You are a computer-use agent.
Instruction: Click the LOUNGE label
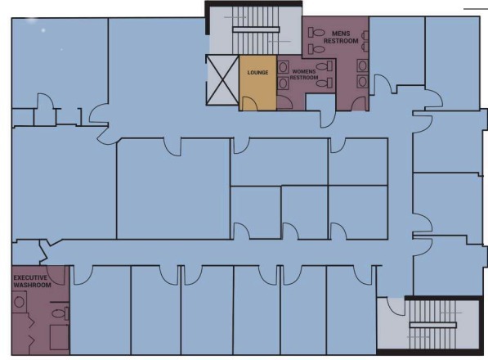tap(257, 72)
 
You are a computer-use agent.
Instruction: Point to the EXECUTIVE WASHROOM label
tap(31, 281)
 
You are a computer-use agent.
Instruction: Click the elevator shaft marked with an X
tap(222, 81)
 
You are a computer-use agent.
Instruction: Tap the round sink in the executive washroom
tap(19, 301)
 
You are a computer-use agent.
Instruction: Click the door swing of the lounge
tap(248, 103)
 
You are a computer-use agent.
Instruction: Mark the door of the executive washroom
tap(56, 275)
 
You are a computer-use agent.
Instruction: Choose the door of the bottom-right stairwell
tap(393, 306)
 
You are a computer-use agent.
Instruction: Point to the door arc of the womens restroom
tap(284, 101)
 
